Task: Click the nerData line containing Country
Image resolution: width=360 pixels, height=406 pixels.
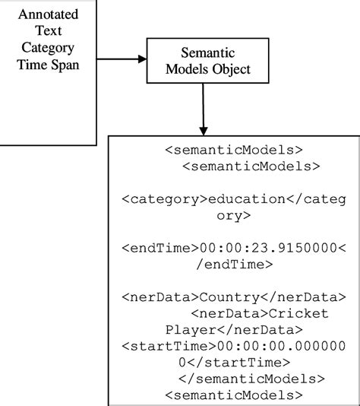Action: (233, 295)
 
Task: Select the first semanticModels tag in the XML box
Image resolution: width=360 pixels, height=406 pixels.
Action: (233, 147)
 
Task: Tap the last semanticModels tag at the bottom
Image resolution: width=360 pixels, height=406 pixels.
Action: (233, 395)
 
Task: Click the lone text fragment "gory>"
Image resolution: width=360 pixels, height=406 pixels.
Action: (233, 215)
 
